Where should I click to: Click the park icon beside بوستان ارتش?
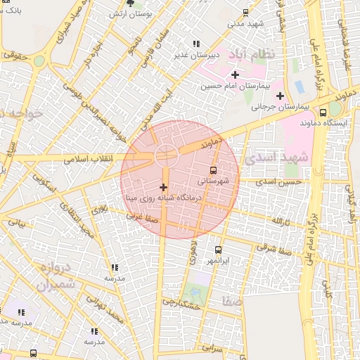pos(130,4)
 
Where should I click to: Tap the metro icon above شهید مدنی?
pos(245,12)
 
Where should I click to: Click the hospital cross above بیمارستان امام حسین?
pos(235,75)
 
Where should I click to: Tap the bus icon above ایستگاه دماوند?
pos(323,112)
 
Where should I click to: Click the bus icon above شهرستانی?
pos(213,169)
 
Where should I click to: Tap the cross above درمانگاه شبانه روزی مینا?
pos(164,187)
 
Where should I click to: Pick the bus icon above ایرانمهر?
pos(217,250)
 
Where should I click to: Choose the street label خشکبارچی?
pos(183,302)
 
